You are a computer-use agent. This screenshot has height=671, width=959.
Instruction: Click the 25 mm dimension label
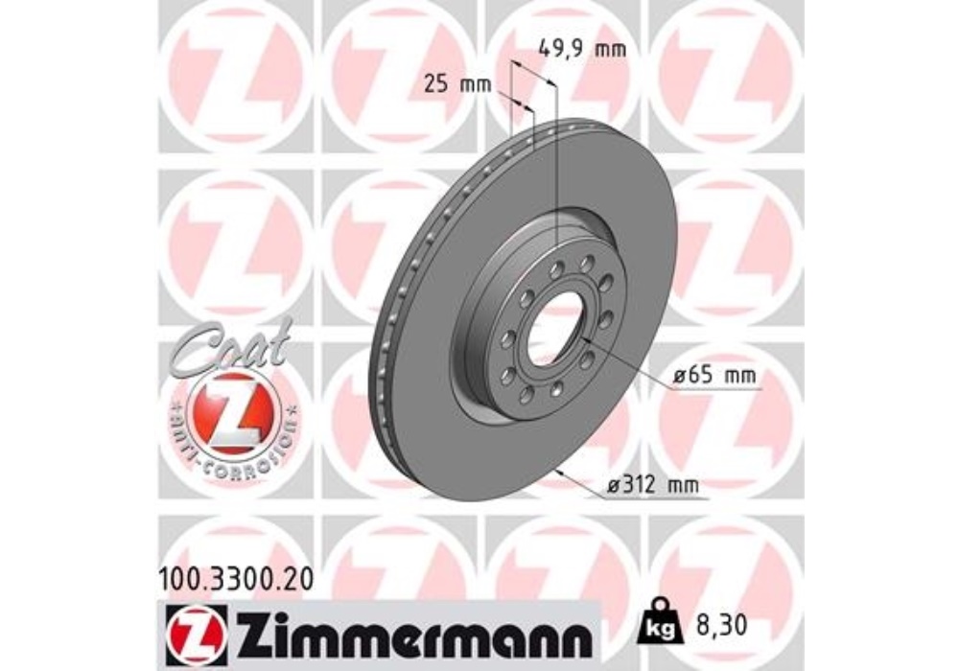(456, 84)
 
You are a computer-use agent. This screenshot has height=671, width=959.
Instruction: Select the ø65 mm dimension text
(713, 375)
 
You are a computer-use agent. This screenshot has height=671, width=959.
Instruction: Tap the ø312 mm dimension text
(652, 486)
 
